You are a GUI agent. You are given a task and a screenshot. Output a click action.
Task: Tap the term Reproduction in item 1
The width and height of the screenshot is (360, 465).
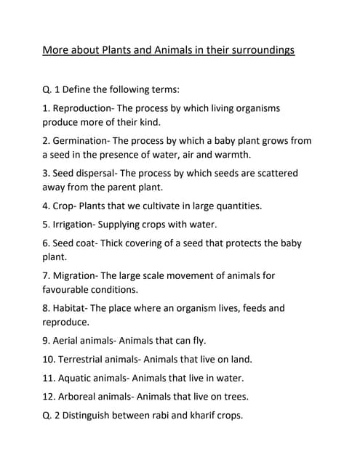pos(84,108)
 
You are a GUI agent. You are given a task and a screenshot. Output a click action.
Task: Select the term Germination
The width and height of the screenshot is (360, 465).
pos(82,140)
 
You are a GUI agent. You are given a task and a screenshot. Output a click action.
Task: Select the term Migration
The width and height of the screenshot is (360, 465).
pos(74,276)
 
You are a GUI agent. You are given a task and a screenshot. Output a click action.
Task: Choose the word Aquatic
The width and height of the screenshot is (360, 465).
pos(79,378)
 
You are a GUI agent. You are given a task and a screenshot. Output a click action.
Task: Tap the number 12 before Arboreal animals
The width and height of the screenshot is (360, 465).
pos(48,397)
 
